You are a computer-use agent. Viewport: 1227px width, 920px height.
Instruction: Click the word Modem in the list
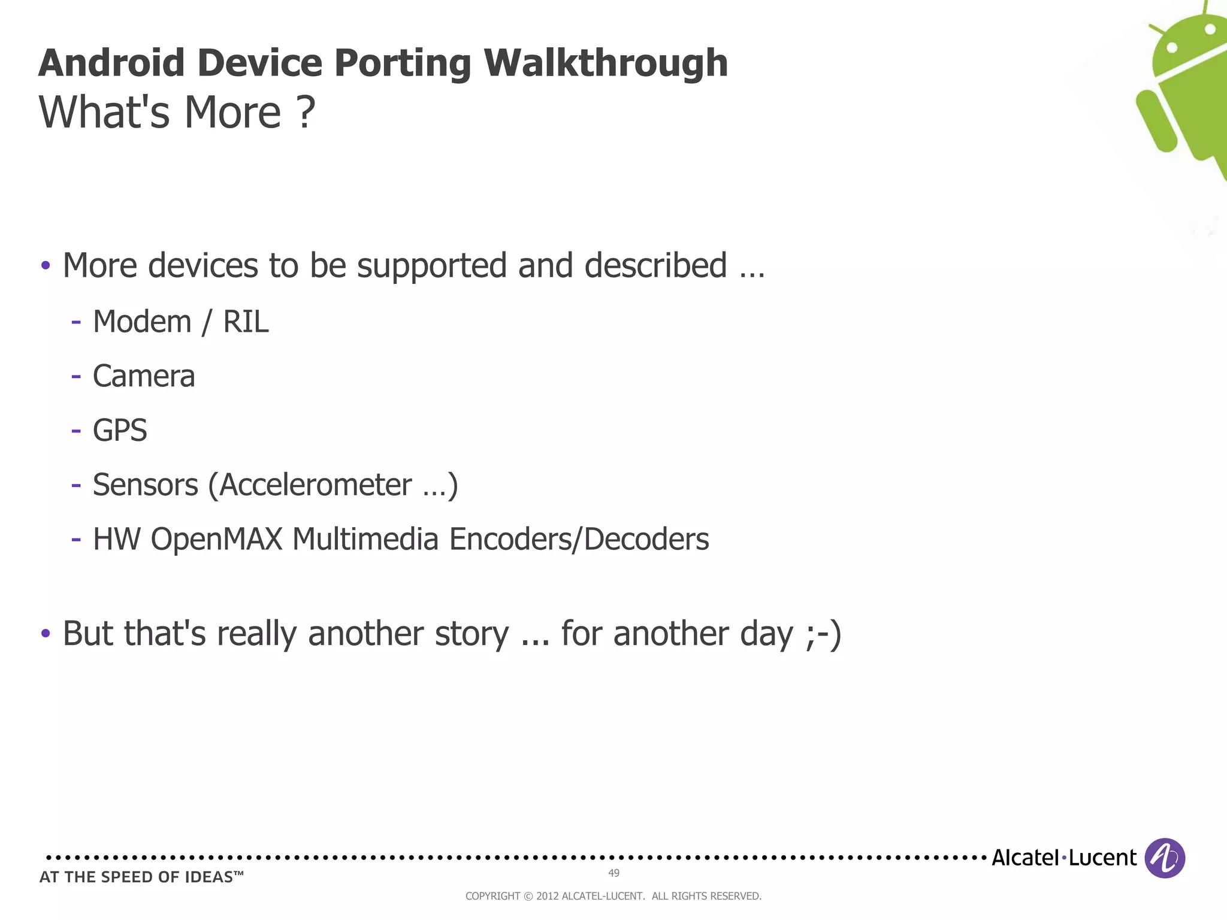click(x=142, y=322)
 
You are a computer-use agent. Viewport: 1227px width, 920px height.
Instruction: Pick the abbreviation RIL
click(x=246, y=322)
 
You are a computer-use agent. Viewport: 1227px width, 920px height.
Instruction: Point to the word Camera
click(x=144, y=376)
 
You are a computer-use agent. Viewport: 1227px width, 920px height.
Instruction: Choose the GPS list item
click(x=120, y=431)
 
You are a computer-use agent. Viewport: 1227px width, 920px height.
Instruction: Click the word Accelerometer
click(x=316, y=485)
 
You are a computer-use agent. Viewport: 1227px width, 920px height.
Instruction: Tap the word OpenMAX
click(x=216, y=539)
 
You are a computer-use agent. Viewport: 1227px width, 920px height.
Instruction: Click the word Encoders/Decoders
click(x=579, y=539)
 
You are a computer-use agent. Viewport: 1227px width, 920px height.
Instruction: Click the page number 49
click(x=613, y=873)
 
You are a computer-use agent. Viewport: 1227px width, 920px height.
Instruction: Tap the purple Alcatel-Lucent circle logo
click(x=1164, y=858)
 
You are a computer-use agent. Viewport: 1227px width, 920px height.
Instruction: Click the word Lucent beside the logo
click(x=1102, y=858)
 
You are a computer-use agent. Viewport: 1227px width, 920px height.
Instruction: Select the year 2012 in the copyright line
click(x=547, y=896)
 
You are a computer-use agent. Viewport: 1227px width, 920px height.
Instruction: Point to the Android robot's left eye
click(x=1172, y=47)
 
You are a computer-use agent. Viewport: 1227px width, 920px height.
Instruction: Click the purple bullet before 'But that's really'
click(x=46, y=633)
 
